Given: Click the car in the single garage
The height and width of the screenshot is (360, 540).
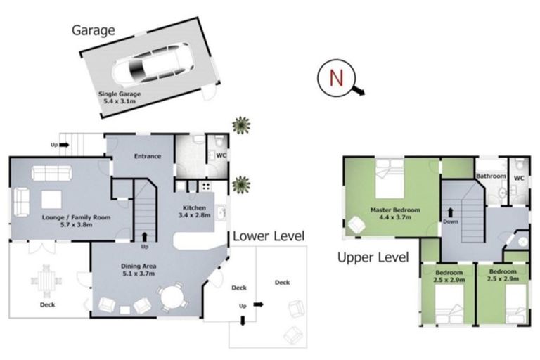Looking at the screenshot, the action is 152,65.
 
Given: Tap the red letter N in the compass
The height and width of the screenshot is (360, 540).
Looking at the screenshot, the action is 336,78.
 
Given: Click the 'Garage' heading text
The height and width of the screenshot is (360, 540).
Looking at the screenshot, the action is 94,31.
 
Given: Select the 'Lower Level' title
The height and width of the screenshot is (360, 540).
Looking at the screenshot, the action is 269,236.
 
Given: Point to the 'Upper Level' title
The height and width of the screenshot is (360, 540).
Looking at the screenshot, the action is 373,257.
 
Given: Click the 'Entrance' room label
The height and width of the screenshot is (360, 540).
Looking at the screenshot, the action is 148,156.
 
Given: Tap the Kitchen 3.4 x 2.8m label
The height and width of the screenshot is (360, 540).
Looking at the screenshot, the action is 194,212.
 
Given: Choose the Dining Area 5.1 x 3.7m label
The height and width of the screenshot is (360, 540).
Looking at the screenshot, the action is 139,270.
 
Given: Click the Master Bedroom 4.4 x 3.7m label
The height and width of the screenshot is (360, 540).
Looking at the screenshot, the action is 395,213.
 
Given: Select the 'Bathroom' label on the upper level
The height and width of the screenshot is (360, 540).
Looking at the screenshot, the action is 491,176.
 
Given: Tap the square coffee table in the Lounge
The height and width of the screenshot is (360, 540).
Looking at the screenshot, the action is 51,200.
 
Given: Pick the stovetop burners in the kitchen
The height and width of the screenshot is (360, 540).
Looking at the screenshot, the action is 206,186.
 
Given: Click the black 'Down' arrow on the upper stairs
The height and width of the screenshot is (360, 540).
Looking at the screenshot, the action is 450,212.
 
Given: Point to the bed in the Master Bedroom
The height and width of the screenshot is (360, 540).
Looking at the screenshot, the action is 389,179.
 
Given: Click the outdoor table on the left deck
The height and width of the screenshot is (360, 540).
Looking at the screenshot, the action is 46,281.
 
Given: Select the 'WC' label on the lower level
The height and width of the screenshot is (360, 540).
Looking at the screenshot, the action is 221,155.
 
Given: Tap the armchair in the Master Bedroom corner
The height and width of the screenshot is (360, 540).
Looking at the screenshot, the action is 356,224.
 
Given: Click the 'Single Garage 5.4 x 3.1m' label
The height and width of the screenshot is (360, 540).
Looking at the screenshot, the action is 120,98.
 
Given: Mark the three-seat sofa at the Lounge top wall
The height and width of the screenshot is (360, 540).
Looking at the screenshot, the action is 51,173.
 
